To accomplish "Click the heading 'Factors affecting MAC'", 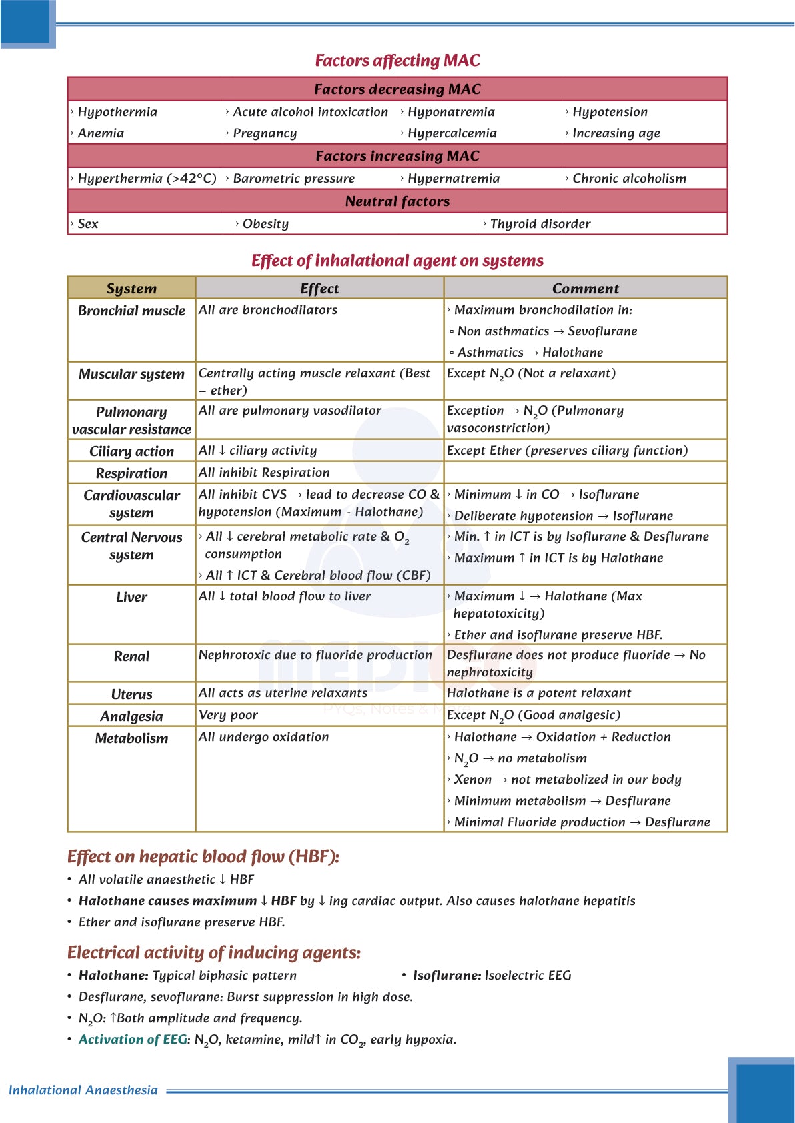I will click(397, 61).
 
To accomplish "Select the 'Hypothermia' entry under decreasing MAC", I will click(117, 112).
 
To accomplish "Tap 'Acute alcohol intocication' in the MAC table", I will click(310, 112).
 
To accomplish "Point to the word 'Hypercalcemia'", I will click(452, 133).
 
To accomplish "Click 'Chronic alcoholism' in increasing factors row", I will click(629, 179).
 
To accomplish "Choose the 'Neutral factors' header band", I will click(397, 201).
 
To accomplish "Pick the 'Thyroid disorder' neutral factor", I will click(540, 224).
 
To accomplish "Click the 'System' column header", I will click(131, 289).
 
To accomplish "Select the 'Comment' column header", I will click(585, 289).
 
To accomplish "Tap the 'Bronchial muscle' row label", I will click(131, 311).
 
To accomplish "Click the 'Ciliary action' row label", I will click(131, 451).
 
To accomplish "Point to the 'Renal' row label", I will click(131, 656).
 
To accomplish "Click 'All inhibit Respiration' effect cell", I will click(264, 473).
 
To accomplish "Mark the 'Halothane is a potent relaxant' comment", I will click(538, 693).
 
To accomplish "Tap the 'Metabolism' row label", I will click(131, 738).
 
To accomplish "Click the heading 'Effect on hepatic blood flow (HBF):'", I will click(203, 856).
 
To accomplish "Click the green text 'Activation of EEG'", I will click(133, 1040).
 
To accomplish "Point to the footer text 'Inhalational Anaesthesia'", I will click(83, 1090).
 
